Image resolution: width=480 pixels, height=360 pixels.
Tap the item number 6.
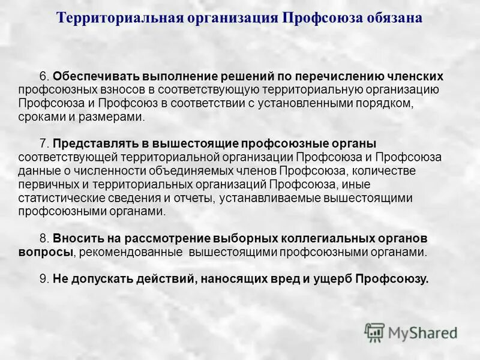tap(44, 77)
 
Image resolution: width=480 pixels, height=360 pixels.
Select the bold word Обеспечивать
tap(90, 77)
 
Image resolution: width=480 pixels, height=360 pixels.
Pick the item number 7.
tap(44, 144)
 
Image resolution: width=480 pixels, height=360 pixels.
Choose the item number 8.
tap(44, 239)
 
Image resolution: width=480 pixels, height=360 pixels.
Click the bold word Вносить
tap(77, 239)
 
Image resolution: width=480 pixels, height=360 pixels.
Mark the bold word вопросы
tap(45, 252)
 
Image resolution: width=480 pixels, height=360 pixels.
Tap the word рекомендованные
tap(129, 252)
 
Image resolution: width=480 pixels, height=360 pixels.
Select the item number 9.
tap(44, 278)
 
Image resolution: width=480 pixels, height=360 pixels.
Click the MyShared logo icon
tap(374, 331)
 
